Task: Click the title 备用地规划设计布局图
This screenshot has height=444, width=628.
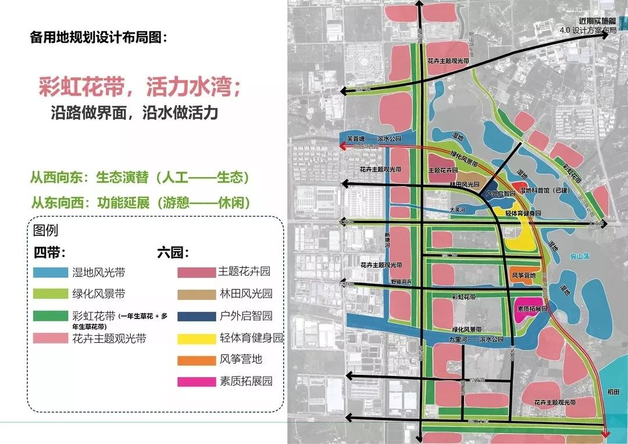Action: tap(98, 38)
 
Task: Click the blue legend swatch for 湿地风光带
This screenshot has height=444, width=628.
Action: tap(51, 272)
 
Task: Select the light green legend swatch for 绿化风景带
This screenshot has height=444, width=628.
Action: tap(51, 294)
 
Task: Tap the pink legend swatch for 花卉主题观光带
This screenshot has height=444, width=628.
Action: tap(51, 338)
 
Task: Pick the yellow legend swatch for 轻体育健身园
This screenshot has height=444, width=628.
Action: tap(195, 338)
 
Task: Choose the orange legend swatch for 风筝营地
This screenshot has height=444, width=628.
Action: tap(195, 360)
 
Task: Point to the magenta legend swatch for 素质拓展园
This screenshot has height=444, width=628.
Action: tap(195, 382)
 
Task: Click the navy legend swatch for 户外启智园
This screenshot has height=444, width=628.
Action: tap(195, 316)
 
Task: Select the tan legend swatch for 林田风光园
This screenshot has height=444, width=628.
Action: tap(195, 293)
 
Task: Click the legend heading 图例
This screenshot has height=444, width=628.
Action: tap(46, 230)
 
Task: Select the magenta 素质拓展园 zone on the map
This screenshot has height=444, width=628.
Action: tap(531, 307)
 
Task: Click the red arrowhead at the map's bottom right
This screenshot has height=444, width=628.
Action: tap(606, 432)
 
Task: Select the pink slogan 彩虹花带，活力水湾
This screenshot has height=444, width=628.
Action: tap(140, 87)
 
